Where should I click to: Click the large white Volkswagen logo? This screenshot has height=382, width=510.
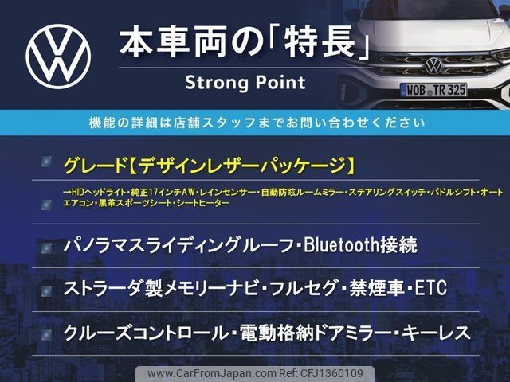(58, 57)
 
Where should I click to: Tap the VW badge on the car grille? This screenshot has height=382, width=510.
(433, 65)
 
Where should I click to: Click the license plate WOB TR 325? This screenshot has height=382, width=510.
(433, 90)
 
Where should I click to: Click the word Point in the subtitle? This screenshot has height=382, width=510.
(280, 83)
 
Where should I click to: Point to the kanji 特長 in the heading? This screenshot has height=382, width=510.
(319, 41)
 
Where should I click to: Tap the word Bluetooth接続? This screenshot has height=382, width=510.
(360, 245)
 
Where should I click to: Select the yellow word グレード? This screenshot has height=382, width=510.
(95, 166)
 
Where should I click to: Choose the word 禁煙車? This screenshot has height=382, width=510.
(377, 288)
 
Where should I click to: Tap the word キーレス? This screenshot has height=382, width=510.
(437, 333)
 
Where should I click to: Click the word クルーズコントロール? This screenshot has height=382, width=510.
(145, 333)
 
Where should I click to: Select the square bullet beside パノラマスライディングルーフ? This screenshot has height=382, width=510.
(46, 248)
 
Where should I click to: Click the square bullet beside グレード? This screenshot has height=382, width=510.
(46, 162)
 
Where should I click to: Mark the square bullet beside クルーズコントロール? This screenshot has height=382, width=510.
(46, 334)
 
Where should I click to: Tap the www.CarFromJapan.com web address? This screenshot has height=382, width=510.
(212, 373)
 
